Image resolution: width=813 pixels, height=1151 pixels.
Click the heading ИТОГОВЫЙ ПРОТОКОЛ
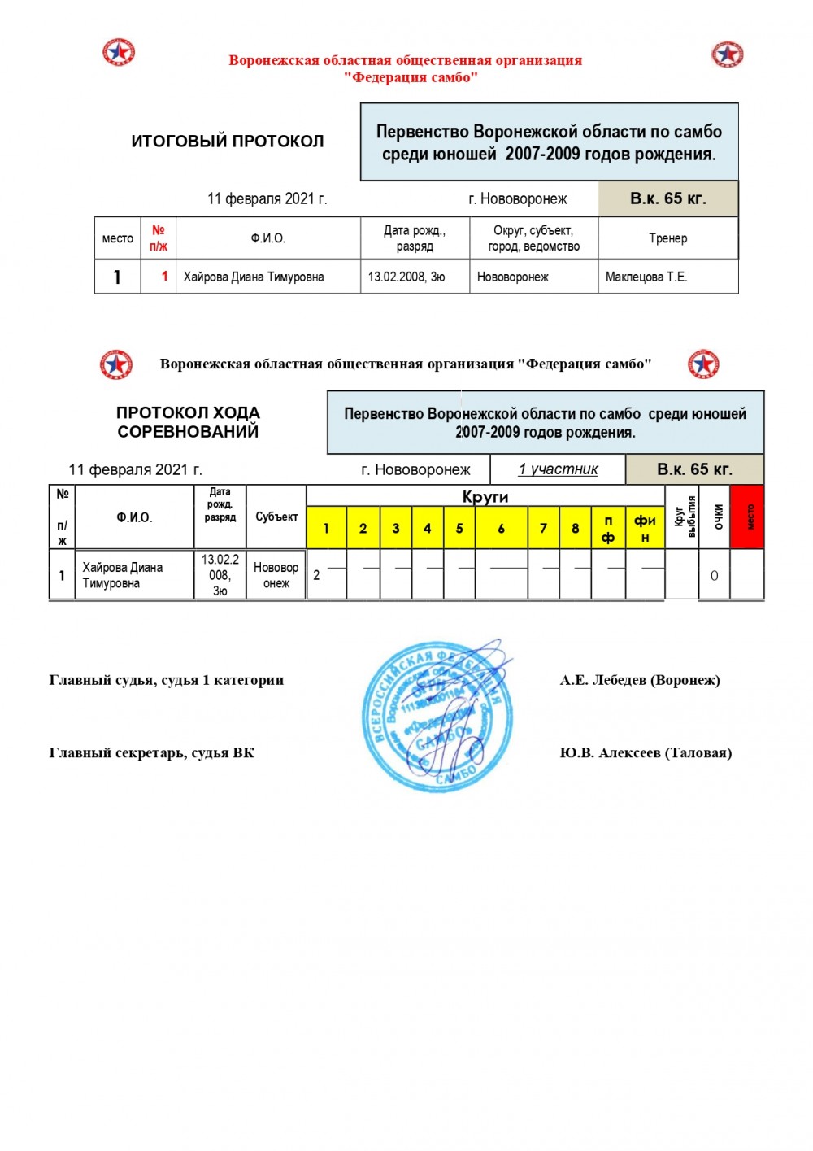[x=227, y=141]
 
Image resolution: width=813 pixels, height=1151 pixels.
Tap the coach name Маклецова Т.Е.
[x=646, y=277]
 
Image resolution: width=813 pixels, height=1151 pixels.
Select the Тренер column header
[x=667, y=238]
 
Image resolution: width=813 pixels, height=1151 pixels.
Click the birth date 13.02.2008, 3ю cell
[x=406, y=277]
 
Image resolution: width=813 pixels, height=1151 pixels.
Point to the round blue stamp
[x=437, y=717]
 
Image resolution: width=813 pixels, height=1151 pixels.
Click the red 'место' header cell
[x=747, y=517]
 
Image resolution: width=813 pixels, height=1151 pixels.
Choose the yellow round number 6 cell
[x=501, y=528]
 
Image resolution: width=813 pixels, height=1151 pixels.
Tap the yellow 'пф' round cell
[x=608, y=528]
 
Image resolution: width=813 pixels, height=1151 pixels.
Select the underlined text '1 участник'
[x=558, y=469]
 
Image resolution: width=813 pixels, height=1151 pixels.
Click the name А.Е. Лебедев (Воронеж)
[x=640, y=680]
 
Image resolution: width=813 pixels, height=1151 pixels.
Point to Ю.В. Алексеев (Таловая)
[x=646, y=752]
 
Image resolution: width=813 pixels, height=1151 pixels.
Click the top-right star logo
[x=727, y=54]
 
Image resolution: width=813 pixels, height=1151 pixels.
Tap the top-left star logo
[x=119, y=52]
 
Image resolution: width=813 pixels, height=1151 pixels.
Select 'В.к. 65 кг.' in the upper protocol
[x=667, y=198]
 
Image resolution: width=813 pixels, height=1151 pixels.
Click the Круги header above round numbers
[x=485, y=496]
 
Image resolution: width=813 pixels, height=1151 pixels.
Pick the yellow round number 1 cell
[x=326, y=528]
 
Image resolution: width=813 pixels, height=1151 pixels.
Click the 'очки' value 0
[x=714, y=576]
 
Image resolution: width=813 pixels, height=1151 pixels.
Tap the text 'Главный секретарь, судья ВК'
[x=151, y=752]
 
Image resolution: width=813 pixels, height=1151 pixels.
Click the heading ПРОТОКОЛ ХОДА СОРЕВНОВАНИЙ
[x=188, y=422]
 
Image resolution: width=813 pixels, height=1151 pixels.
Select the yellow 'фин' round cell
[x=645, y=528]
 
